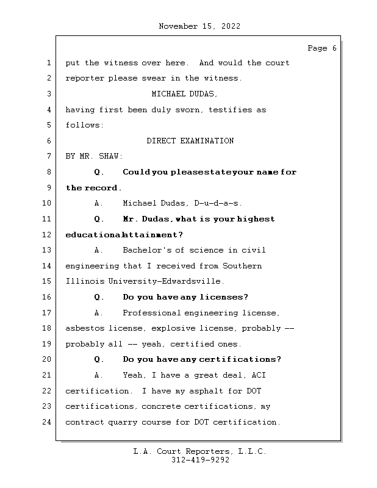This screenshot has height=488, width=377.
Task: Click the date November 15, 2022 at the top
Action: pos(199,26)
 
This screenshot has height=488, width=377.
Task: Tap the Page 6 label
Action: pos(321,48)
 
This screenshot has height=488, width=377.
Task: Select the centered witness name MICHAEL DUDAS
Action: pos(184,94)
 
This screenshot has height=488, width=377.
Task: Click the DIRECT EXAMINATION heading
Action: pos(190,141)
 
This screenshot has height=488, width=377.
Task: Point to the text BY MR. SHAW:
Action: pos(94,157)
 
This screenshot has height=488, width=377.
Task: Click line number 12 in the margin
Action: pos(48,235)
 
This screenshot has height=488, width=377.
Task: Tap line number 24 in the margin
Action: pos(48,422)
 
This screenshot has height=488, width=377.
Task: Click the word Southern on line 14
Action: pos(242,266)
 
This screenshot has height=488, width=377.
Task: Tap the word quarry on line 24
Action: pos(125,422)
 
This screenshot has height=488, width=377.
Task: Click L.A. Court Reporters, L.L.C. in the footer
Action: pos(199,451)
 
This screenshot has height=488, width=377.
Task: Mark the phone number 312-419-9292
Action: pos(199,460)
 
